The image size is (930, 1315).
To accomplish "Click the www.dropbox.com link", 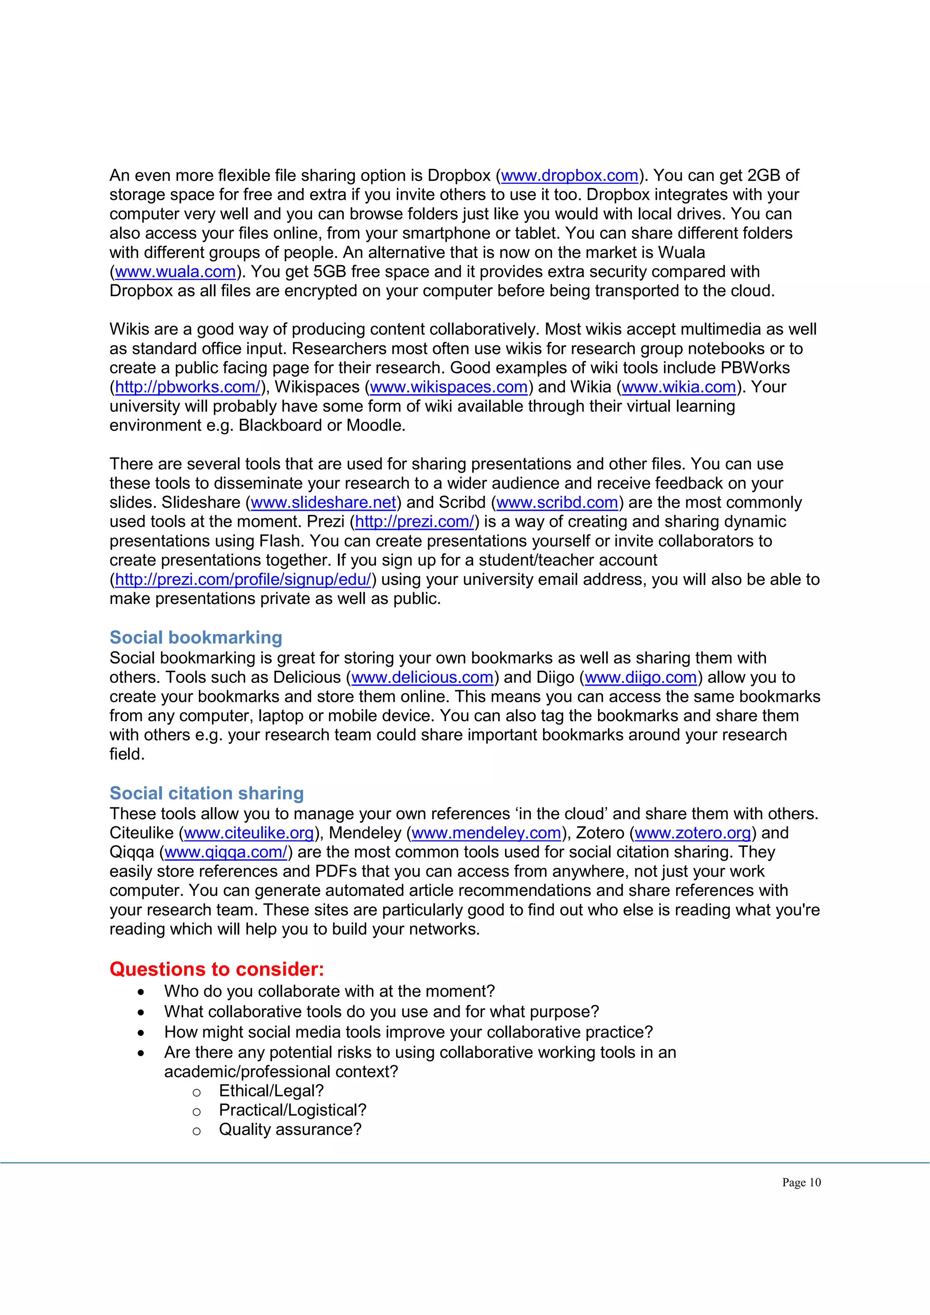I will click(x=569, y=175).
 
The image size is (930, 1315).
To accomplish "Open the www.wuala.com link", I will click(x=175, y=272).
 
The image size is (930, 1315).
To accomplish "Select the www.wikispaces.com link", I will click(x=448, y=387).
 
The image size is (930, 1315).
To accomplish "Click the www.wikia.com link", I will click(x=678, y=387).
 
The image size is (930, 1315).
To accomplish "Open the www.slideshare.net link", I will click(x=324, y=502).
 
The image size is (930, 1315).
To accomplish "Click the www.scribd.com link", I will click(x=557, y=502).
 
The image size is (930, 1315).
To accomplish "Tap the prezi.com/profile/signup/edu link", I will click(x=243, y=579).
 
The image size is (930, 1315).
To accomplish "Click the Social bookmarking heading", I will click(x=196, y=638).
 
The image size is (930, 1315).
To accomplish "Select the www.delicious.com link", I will click(x=422, y=677).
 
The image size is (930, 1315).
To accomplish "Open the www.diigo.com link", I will click(x=640, y=677).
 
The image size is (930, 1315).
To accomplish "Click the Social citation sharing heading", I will click(x=206, y=793).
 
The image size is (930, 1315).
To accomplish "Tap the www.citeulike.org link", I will click(x=249, y=833).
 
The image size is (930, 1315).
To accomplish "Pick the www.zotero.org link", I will click(x=693, y=833).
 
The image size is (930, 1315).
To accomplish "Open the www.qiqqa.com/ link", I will click(x=226, y=852).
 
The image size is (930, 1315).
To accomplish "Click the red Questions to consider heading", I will click(x=217, y=969).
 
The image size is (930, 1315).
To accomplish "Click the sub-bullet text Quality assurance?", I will click(x=290, y=1129).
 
